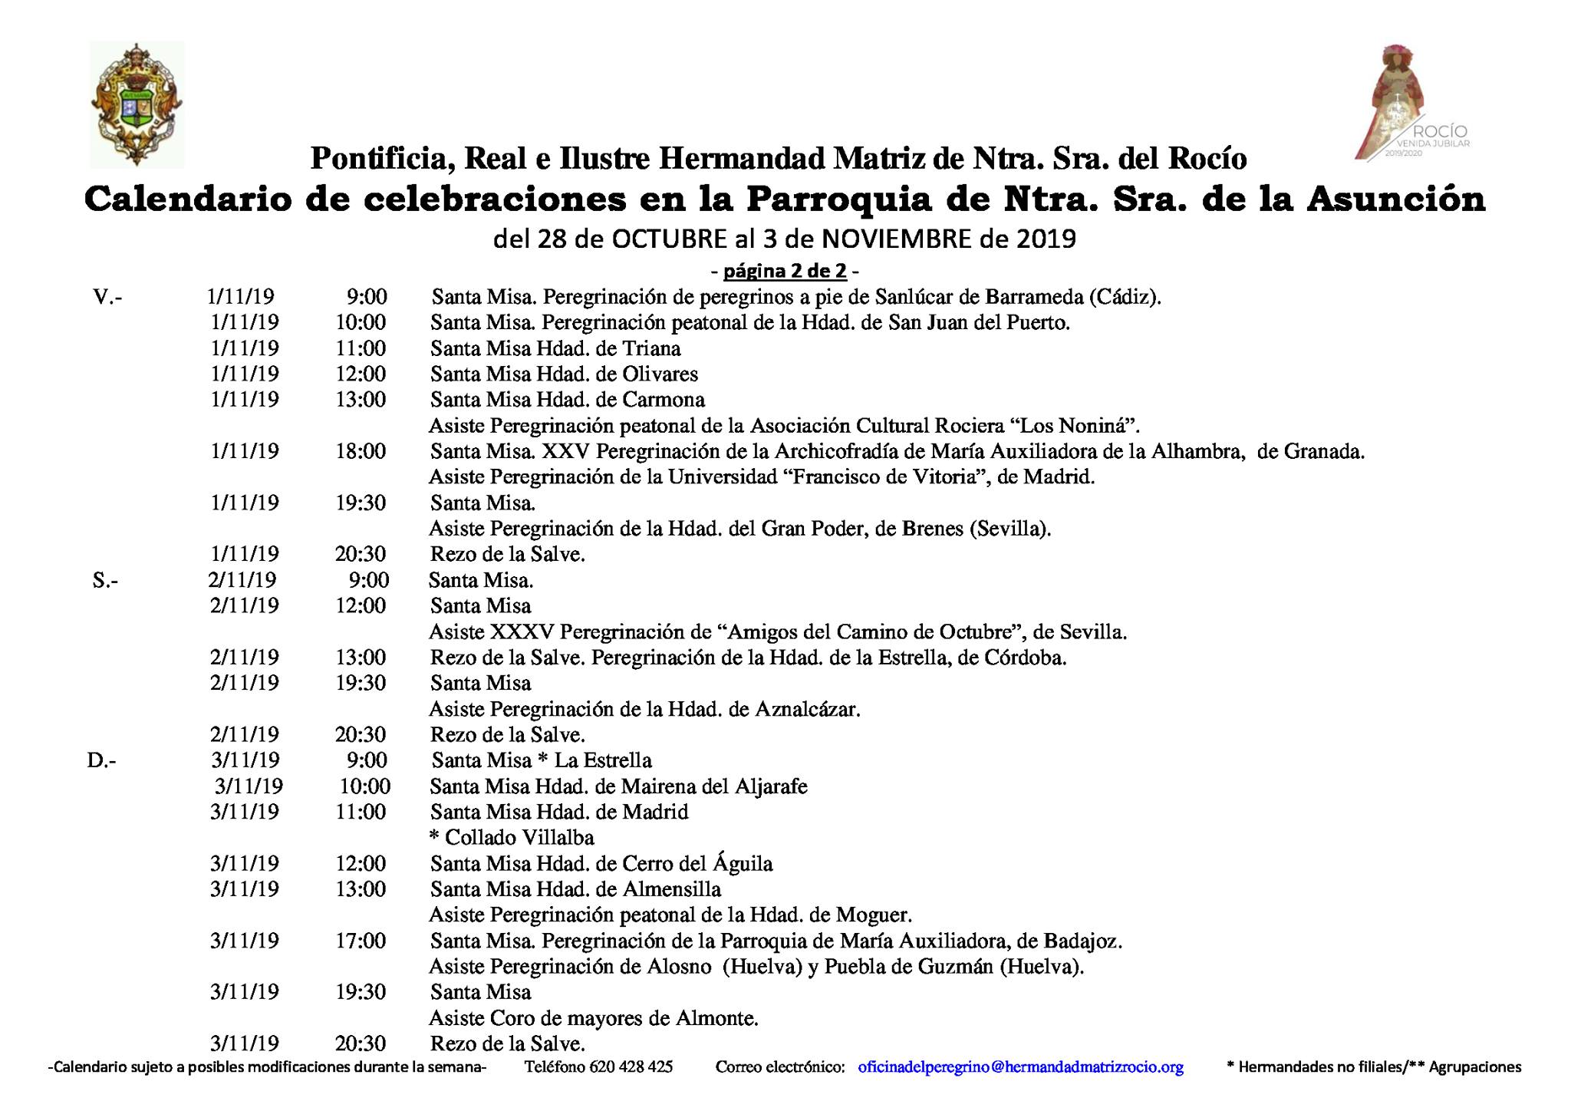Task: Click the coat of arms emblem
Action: [137, 105]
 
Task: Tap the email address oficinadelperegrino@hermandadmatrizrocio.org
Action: [1020, 1066]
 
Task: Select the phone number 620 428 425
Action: [631, 1066]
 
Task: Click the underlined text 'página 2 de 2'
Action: [785, 271]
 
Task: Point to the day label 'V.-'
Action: [107, 297]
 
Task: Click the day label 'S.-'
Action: [105, 581]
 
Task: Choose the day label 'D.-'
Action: [102, 760]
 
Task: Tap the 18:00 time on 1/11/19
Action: [361, 451]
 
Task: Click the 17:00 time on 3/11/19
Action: [361, 941]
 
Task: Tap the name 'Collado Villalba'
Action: [519, 837]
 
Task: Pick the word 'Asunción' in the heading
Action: [1395, 199]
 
